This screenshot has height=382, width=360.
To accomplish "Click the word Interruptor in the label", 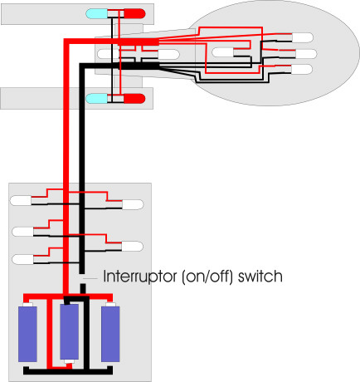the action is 139,277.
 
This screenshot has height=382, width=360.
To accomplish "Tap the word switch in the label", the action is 260,276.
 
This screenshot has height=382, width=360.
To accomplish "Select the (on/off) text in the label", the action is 207,277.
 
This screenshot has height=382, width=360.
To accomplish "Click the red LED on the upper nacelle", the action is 134,13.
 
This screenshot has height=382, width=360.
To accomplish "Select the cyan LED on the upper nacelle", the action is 96,13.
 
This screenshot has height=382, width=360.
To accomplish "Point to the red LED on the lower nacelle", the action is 134,99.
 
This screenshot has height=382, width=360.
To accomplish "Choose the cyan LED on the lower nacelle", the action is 96,99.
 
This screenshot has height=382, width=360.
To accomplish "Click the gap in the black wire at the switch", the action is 82,278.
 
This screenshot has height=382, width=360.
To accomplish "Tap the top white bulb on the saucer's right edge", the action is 303,37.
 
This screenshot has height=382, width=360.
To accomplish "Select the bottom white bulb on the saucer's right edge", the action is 302,69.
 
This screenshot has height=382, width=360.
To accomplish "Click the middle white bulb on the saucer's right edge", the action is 306,54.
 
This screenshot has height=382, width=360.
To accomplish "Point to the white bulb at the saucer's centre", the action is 223,52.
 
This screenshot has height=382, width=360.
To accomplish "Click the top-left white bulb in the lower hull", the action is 21,201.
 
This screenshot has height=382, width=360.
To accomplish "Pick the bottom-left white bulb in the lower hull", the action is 23,259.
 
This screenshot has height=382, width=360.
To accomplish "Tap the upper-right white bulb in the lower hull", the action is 133,204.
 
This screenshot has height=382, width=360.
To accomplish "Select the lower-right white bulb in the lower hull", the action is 132,247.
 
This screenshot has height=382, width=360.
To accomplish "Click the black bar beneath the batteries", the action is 68,370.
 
